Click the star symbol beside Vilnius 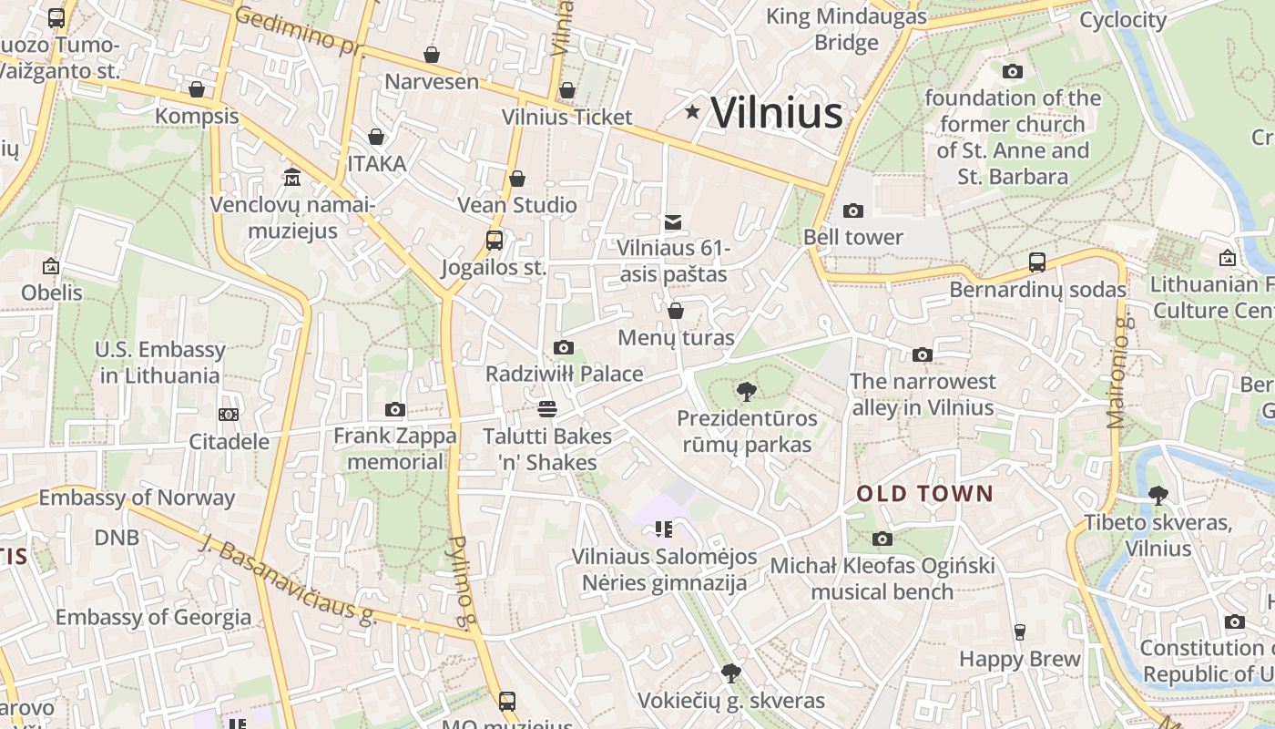click(693, 112)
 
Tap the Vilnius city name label click(776, 113)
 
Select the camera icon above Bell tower click(853, 211)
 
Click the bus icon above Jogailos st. click(495, 241)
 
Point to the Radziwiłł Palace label click(564, 374)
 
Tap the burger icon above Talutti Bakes click(547, 408)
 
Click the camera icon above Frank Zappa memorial click(394, 410)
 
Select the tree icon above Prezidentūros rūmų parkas click(747, 392)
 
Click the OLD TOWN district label click(924, 494)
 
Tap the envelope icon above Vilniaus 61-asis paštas click(673, 221)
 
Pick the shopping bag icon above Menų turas click(676, 312)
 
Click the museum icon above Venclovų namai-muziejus click(292, 176)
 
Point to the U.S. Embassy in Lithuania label click(160, 363)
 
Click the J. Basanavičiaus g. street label click(287, 580)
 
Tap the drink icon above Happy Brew click(1020, 632)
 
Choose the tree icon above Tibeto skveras click(1158, 496)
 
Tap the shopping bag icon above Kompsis click(196, 89)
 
